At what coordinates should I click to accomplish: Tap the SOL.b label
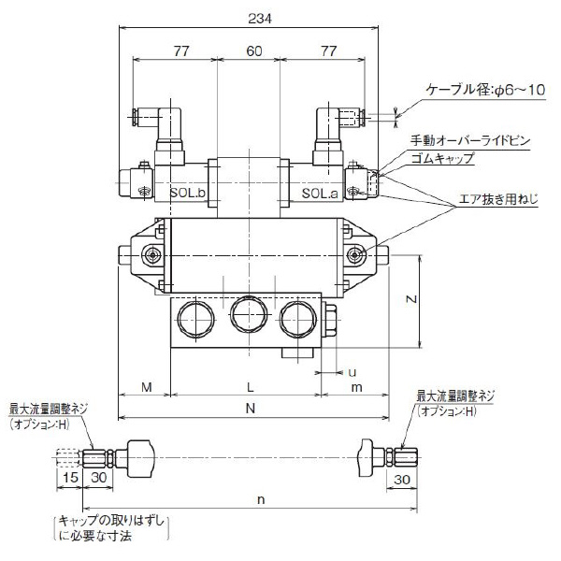187,193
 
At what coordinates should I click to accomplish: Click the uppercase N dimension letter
251,409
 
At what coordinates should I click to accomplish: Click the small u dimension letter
352,371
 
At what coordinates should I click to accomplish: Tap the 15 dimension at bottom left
69,480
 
